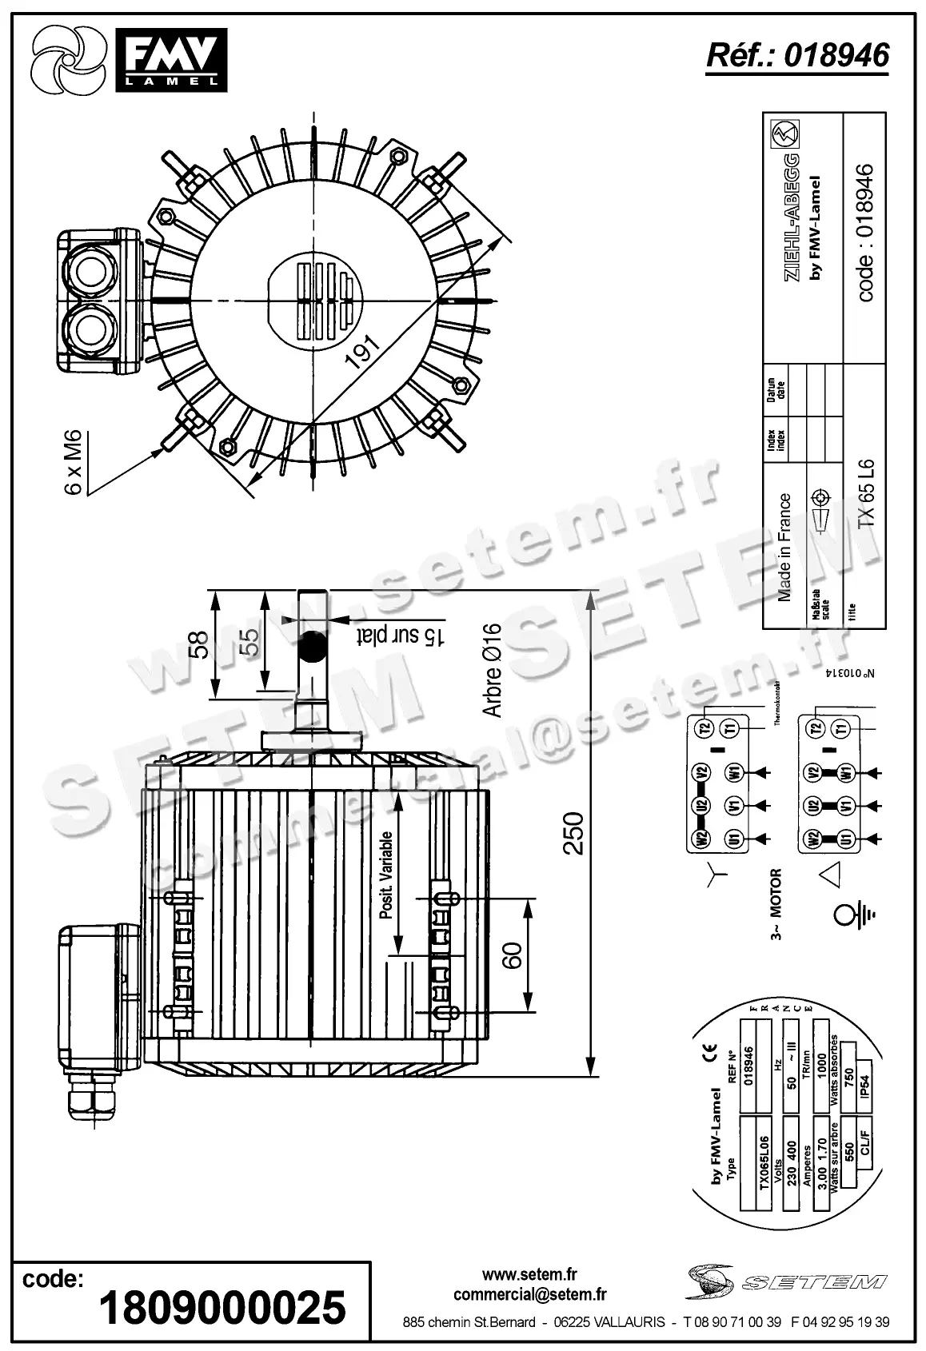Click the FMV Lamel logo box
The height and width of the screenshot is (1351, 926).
pos(170,58)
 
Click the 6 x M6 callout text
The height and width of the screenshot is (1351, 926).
pos(73,461)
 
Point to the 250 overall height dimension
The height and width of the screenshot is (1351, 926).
pos(574,833)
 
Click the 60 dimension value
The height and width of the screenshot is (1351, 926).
pos(513,954)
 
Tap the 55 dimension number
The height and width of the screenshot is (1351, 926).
pos(249,642)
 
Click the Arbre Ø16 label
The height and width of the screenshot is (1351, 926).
pos(492,670)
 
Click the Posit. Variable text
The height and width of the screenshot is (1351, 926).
pos(386,875)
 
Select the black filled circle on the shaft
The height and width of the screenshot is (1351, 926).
pos(312,646)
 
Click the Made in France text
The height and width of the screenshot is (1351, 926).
pos(784,548)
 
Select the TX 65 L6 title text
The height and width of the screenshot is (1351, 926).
pos(865,492)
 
